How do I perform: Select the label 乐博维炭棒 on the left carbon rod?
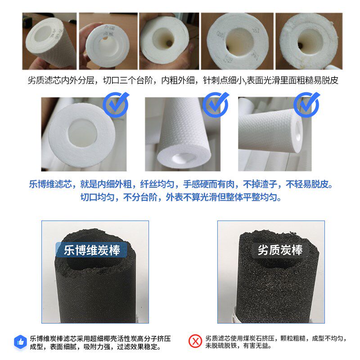[92, 250]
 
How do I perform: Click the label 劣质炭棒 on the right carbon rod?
[280, 250]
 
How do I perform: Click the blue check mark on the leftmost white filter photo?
[116, 104]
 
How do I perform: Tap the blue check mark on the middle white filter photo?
[215, 104]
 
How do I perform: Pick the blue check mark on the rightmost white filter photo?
[306, 104]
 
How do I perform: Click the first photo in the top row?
[49, 41]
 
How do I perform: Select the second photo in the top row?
[108, 41]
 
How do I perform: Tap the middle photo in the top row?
[168, 41]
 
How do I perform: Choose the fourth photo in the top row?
[237, 41]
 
